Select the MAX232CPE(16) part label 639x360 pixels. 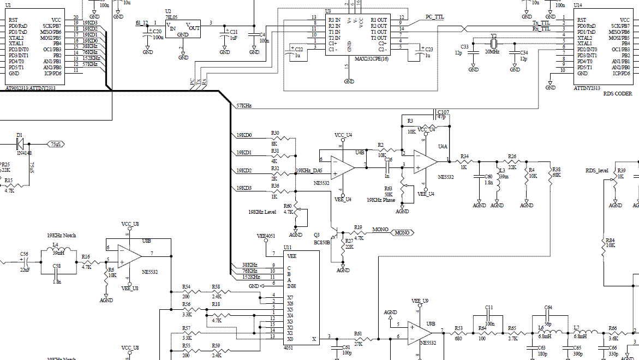pos(371,58)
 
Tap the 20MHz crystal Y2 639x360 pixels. pos(494,44)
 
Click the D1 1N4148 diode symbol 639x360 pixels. pos(20,143)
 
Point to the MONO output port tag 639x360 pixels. pos(402,233)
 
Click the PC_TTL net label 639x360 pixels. pos(434,17)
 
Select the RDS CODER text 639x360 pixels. pos(618,93)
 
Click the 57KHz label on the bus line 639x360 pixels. pos(243,105)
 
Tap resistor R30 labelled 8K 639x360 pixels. pos(275,138)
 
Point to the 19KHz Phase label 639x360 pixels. pos(382,200)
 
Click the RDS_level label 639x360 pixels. pos(596,171)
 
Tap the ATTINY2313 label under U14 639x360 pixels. pos(587,87)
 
